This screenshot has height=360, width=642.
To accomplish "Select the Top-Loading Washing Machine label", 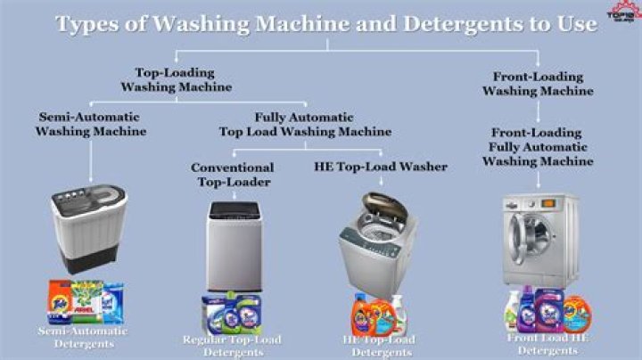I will click(177, 79).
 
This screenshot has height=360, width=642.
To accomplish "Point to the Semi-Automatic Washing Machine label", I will click(91, 124).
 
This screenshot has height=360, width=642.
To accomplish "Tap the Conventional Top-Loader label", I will click(232, 175).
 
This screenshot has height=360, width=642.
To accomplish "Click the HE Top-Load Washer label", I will click(380, 167).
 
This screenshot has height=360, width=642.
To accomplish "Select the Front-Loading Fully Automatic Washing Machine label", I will click(538, 146).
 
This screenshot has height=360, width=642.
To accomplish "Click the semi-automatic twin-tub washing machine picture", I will click(86, 226).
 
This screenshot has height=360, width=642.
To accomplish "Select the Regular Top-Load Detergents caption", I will click(231, 345).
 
